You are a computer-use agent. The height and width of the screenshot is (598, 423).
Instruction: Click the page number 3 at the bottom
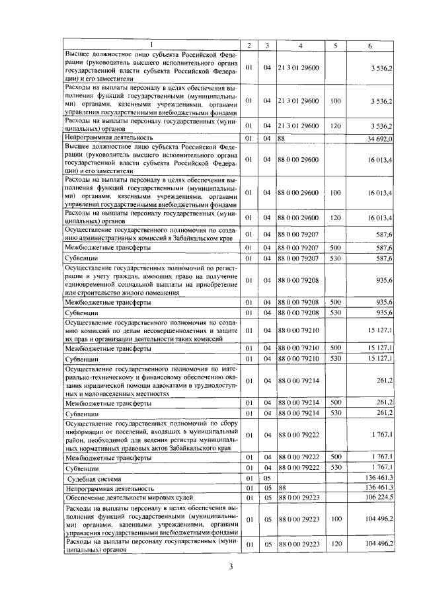coord(231,566)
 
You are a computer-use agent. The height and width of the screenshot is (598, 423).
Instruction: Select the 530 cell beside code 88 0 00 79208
coord(335,312)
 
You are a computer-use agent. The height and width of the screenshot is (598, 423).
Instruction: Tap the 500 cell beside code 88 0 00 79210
coord(335,348)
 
